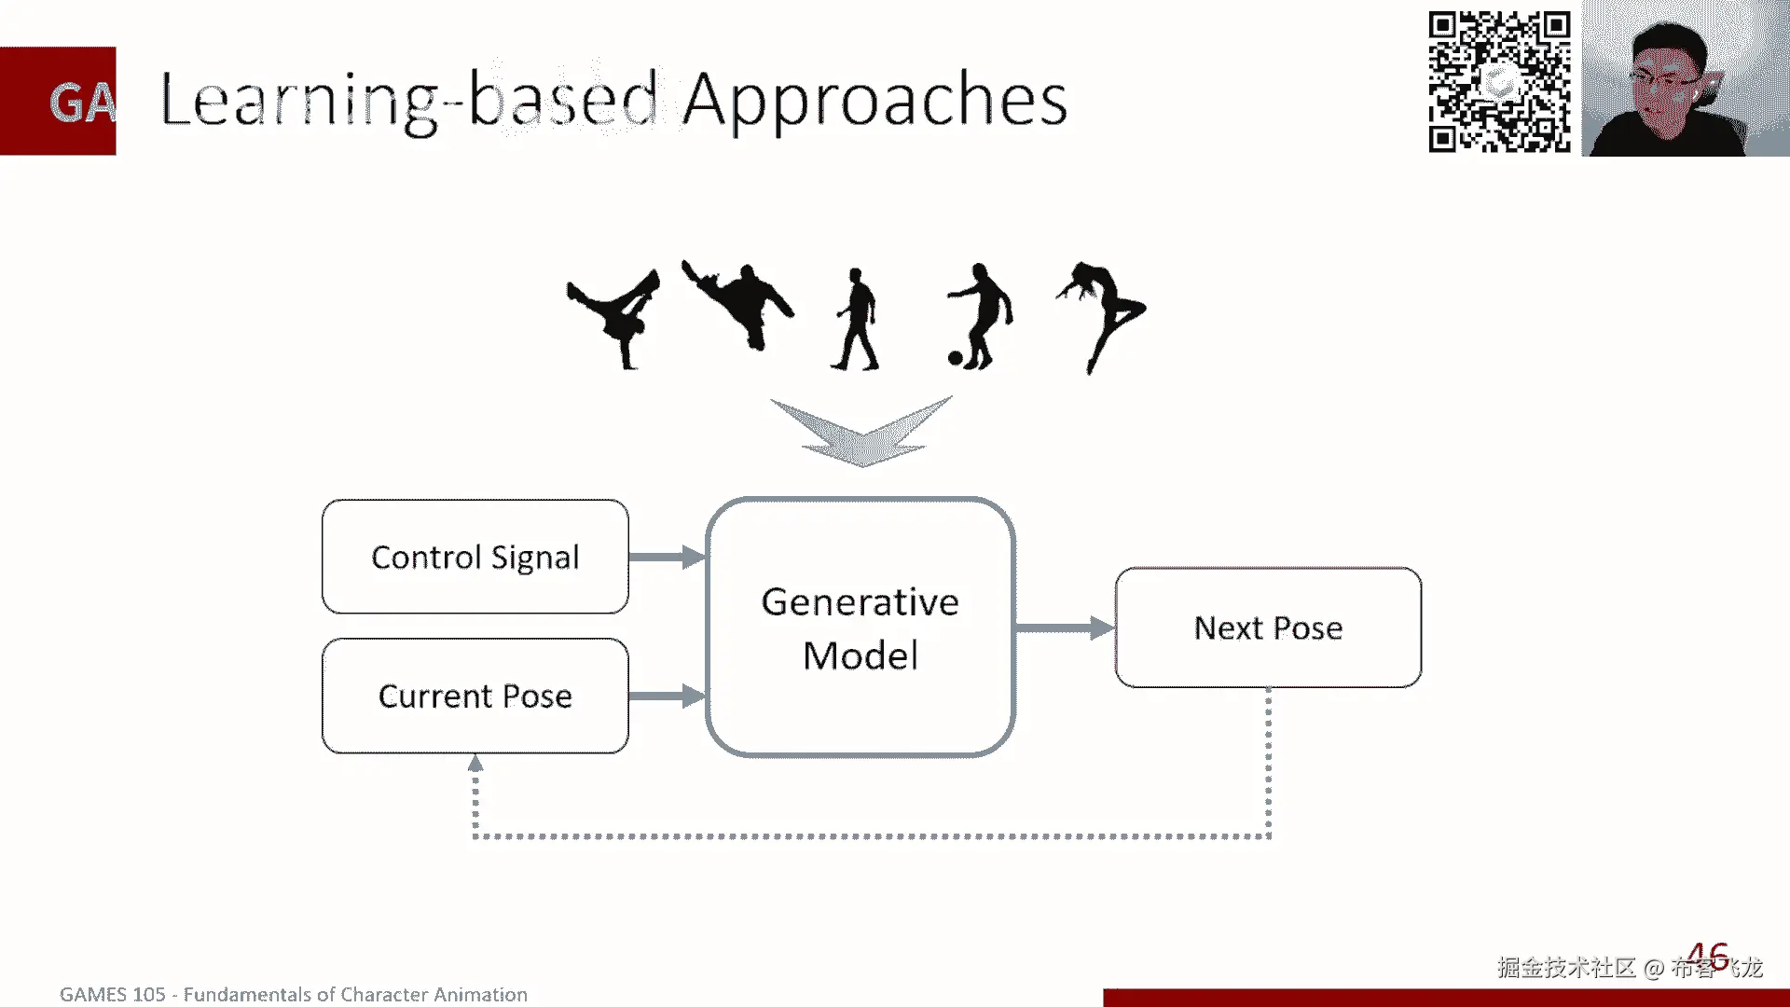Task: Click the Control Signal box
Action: [475, 557]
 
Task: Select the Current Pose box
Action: [475, 696]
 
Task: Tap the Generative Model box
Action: [860, 627]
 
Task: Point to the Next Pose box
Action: [1268, 628]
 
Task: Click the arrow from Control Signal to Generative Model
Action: [667, 557]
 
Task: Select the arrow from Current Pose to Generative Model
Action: [667, 696]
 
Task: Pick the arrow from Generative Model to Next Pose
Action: [1064, 628]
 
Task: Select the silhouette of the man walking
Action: [857, 320]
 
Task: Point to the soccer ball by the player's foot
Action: [955, 358]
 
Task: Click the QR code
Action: [1499, 81]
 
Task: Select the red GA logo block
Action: [58, 101]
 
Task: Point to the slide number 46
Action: [1708, 956]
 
